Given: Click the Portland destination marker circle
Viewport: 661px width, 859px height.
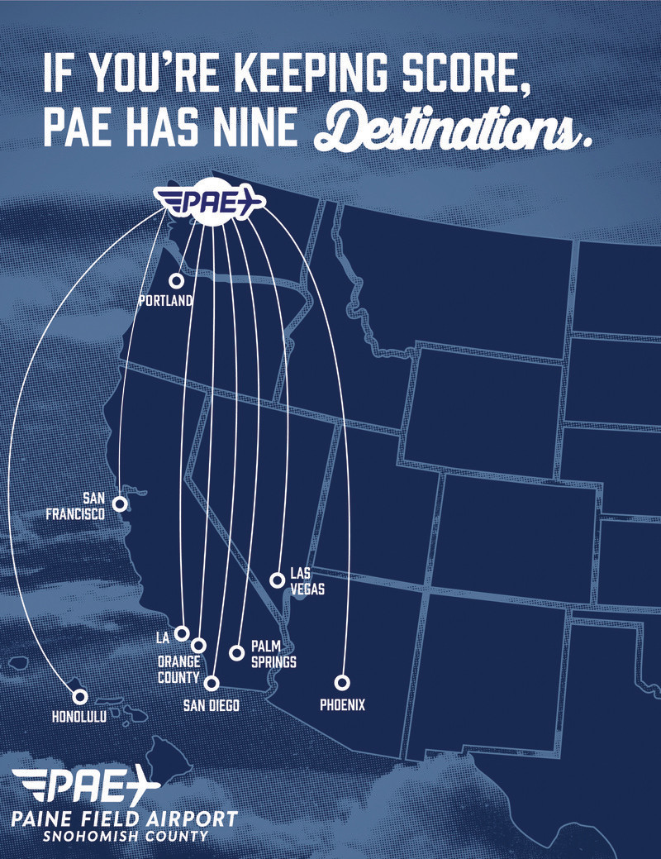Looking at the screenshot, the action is click(176, 281).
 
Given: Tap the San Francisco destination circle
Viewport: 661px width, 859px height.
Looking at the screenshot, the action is click(120, 503).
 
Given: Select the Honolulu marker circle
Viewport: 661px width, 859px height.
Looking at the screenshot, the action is click(80, 697).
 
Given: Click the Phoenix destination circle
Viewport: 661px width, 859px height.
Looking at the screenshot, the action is click(342, 682).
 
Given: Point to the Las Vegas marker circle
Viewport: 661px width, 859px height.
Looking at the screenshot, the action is click(278, 580).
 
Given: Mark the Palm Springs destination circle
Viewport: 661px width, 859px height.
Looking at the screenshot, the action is click(236, 652).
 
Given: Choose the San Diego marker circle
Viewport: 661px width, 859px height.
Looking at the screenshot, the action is click(212, 682).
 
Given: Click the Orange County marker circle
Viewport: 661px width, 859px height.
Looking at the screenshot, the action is click(198, 645).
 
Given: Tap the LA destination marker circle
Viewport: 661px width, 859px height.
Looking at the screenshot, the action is click(183, 633).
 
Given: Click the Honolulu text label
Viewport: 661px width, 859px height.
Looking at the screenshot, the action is click(79, 718).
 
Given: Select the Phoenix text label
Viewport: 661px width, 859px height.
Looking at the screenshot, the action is click(342, 705).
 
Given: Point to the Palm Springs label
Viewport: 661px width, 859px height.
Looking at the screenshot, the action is click(273, 654).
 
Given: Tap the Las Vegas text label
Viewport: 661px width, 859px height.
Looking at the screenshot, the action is click(307, 581).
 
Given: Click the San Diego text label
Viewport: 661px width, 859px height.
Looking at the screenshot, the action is click(211, 705).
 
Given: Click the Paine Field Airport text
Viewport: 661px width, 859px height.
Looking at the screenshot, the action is click(125, 818).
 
